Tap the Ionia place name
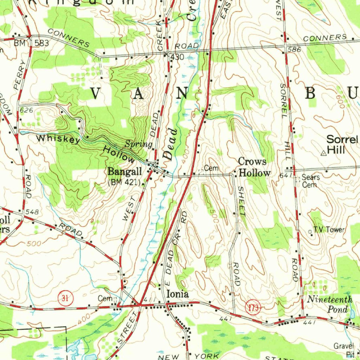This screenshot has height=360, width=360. click(177, 294)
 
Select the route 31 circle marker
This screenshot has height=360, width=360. click(65, 299)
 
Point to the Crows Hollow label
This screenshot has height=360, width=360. click(254, 167)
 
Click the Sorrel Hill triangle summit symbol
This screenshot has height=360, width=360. click(323, 153)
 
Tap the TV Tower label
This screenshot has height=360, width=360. click(329, 230)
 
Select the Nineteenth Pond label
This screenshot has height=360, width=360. click(330, 304)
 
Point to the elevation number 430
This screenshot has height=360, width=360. click(177, 57)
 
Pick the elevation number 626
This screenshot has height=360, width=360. click(26, 110)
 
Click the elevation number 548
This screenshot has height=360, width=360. click(32, 212)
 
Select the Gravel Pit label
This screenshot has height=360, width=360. click(344, 349)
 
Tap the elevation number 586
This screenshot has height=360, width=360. click(294, 50)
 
